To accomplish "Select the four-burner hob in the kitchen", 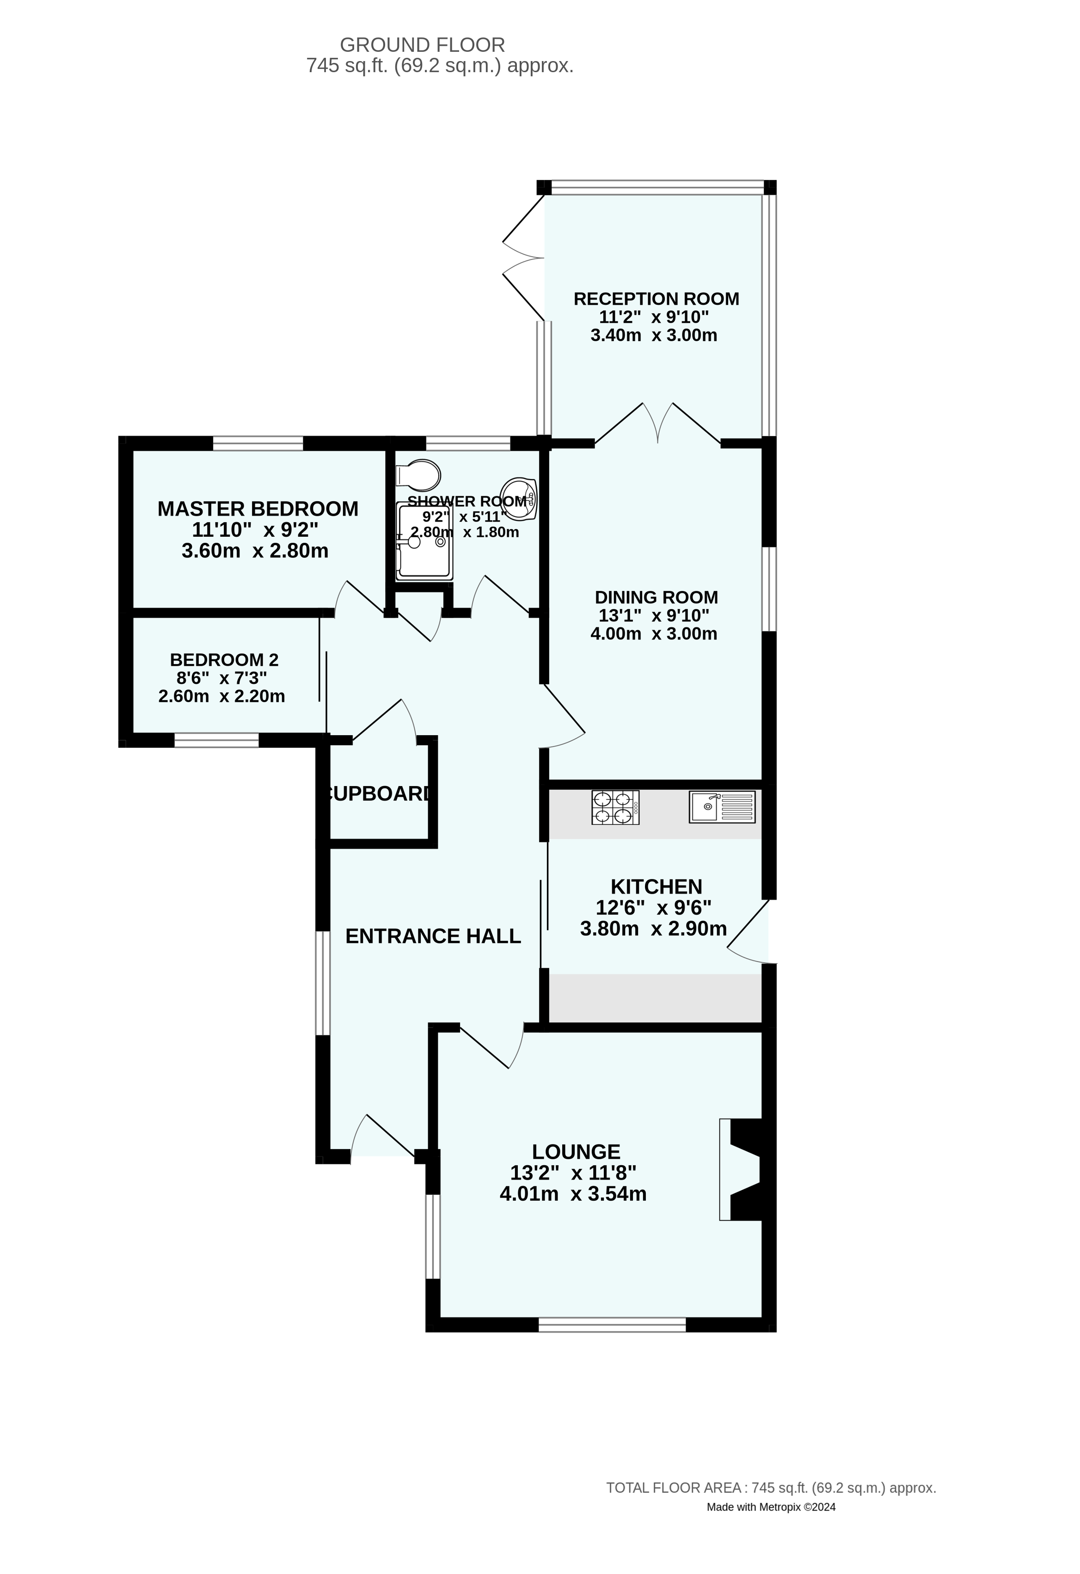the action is [x=615, y=807].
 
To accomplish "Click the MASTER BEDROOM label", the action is [x=258, y=509].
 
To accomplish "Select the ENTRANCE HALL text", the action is [x=433, y=936].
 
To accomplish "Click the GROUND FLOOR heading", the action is [x=423, y=45].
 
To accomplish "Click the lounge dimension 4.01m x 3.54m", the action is [x=573, y=1193].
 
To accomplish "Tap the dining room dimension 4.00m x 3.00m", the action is [x=654, y=634].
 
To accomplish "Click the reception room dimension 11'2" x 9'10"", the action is [x=654, y=317].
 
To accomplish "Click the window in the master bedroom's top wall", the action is [x=258, y=443].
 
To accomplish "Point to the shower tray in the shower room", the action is [x=424, y=543].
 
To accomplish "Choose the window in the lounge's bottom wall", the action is [x=612, y=1325].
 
